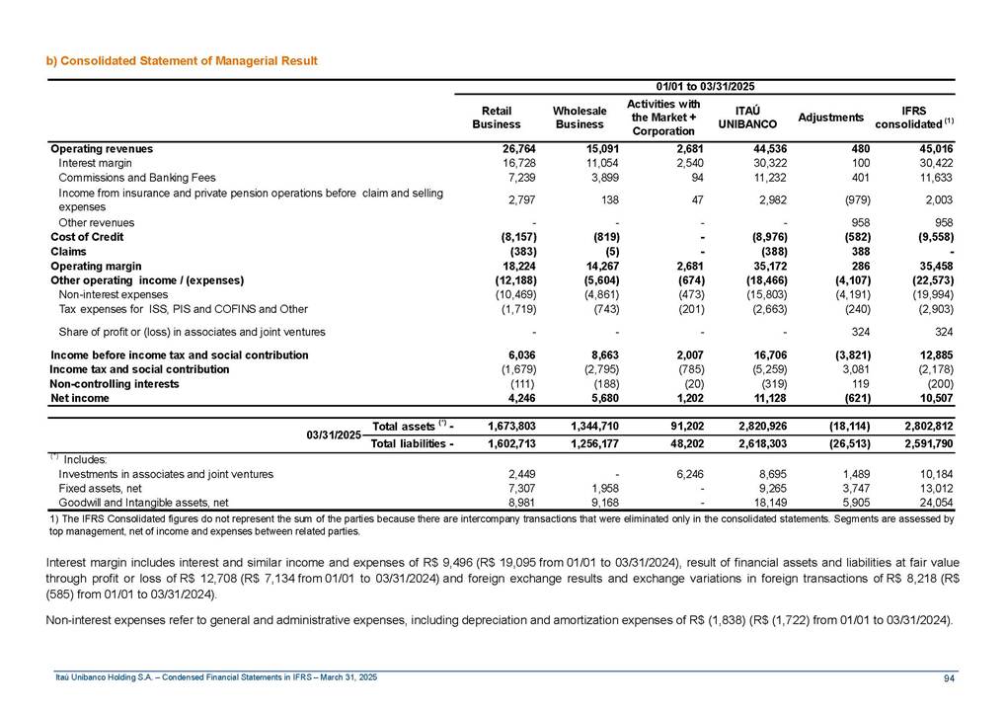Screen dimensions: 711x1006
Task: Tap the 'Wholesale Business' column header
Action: point(579,118)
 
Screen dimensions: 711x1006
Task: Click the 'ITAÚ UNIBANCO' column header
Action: point(746,118)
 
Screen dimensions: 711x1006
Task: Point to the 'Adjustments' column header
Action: point(830,118)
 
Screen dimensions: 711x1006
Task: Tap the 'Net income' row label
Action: point(80,398)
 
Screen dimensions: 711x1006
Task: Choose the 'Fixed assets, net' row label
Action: point(101,488)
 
